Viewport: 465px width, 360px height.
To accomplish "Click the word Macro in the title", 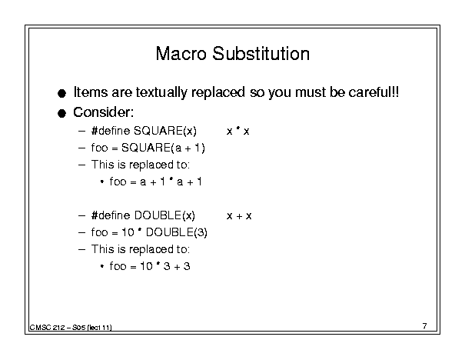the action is [181, 54].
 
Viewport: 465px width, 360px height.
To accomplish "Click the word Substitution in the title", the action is [261, 54].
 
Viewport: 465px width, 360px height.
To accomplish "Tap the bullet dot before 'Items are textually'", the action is [61, 94].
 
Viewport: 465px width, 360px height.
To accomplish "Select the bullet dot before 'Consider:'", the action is [61, 113].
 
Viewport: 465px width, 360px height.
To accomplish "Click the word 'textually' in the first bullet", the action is [161, 92].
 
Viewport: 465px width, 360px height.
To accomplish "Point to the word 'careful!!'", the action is [374, 92].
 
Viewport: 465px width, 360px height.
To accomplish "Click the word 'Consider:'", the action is [104, 112].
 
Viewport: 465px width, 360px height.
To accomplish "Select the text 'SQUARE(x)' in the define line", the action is [165, 131].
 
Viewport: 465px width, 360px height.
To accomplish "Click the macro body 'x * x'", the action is [237, 131].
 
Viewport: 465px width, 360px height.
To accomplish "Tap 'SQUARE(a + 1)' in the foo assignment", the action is [163, 148].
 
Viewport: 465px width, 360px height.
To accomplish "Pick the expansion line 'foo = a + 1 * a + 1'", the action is [156, 182].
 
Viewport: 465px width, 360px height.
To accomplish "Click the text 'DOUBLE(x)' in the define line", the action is [164, 215].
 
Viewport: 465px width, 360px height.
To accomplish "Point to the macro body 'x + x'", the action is [239, 215].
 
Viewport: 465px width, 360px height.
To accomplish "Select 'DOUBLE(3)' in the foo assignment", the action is [177, 232].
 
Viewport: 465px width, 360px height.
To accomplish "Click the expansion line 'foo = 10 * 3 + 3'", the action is [150, 266].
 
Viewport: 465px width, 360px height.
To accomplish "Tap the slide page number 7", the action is [425, 326].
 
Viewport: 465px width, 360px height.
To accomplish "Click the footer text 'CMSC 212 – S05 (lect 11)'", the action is [71, 328].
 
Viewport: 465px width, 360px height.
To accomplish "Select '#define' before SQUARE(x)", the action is [111, 131].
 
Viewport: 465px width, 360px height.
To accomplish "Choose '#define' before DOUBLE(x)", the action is [111, 215].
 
